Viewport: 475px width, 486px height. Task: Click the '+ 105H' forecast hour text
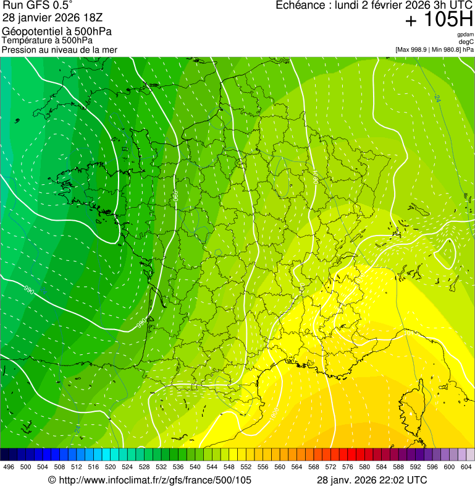pyautogui.click(x=439, y=20)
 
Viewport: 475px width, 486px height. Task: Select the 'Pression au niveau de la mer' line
pyautogui.click(x=59, y=49)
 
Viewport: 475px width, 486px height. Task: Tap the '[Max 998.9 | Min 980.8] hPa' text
pyautogui.click(x=434, y=49)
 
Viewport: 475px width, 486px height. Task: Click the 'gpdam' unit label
pyautogui.click(x=466, y=35)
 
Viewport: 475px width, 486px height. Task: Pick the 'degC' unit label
pyautogui.click(x=467, y=42)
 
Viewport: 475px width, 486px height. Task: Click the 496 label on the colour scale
pyautogui.click(x=9, y=467)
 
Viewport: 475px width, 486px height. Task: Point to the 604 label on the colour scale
pyautogui.click(x=466, y=467)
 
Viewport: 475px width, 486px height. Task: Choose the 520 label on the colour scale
pyautogui.click(x=111, y=467)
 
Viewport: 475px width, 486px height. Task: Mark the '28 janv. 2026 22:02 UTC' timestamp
pyautogui.click(x=371, y=480)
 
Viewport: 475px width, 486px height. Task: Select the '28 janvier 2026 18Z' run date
pyautogui.click(x=47, y=18)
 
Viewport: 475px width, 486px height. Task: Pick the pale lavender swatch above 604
pyautogui.click(x=470, y=454)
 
